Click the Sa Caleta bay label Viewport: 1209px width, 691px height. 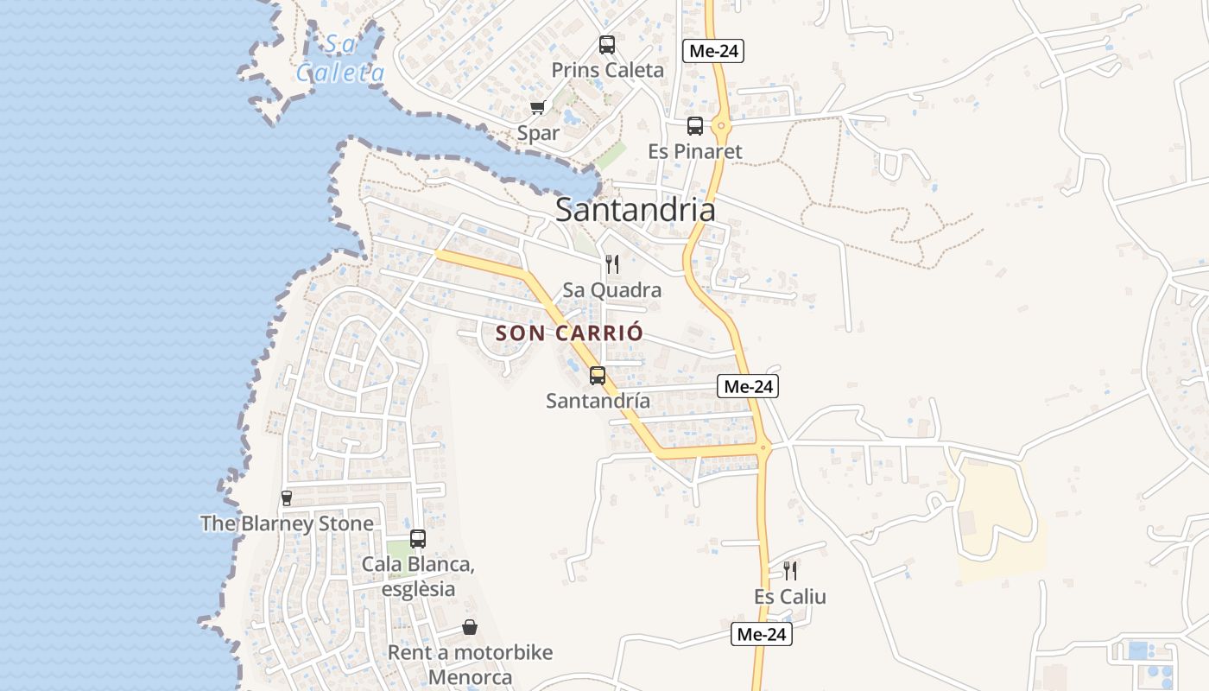(340, 58)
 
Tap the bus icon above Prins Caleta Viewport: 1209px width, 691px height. (607, 45)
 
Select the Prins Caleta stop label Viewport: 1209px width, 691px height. (607, 70)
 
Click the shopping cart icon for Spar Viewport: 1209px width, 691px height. (538, 108)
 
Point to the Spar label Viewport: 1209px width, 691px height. (538, 133)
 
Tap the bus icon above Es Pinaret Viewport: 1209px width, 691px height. (695, 126)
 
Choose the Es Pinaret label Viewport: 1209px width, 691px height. (695, 151)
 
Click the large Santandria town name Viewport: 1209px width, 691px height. (635, 210)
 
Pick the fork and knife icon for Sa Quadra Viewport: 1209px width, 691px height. (612, 264)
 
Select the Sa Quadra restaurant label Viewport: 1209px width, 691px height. (612, 289)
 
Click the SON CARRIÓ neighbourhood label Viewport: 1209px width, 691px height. (570, 333)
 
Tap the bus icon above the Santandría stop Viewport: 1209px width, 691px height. (598, 376)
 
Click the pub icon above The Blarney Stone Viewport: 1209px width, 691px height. (287, 498)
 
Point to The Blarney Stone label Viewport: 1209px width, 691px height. (287, 523)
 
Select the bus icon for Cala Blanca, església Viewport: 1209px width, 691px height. (418, 539)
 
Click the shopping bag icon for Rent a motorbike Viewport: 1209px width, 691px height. (470, 627)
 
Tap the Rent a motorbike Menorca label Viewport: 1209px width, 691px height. (470, 664)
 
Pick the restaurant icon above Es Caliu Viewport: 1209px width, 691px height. (789, 571)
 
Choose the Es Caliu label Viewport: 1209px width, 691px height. (789, 596)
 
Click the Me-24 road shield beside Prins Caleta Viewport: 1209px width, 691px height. (713, 51)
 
